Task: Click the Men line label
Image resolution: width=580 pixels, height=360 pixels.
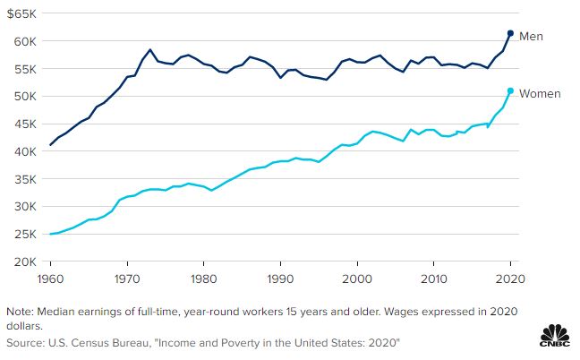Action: (532, 37)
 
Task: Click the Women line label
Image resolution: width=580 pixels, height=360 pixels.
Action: (539, 93)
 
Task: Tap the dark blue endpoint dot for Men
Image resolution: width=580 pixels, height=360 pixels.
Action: (510, 33)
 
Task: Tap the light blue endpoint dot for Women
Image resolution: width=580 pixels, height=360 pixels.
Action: (510, 90)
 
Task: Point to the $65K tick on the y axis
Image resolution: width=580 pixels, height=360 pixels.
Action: (22, 13)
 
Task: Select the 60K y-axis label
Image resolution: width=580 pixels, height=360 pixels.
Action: (24, 41)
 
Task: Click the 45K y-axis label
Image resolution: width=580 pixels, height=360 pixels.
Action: (24, 124)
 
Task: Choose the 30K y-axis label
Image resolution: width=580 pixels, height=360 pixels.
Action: (24, 206)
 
